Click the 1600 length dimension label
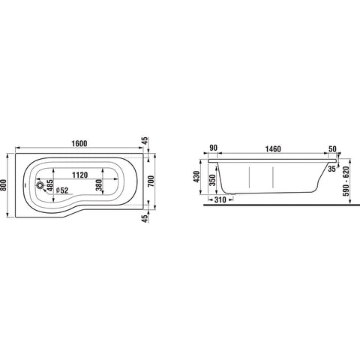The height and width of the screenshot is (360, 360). pos(79,144)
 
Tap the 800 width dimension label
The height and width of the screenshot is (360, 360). pos(4,185)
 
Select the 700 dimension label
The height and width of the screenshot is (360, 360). pos(151,181)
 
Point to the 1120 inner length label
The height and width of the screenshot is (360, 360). pos(80,175)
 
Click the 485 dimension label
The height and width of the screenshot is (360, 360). pos(50,185)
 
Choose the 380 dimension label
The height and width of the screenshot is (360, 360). pos(99,185)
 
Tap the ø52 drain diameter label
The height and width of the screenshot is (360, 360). pos(62,190)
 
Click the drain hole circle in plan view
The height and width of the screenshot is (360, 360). pos(40,185)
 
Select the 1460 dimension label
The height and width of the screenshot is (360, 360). pos(273,149)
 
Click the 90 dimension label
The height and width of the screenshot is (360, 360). pos(213,148)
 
